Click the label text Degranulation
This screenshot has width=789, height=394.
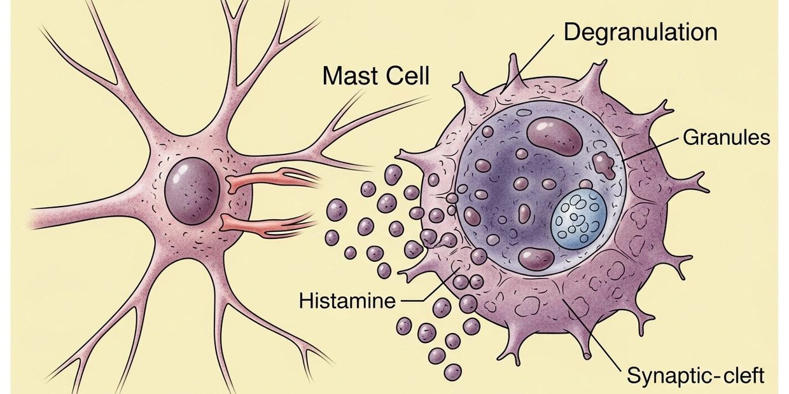(640, 32)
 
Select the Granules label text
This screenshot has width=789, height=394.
(726, 137)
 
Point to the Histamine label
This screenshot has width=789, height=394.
(347, 300)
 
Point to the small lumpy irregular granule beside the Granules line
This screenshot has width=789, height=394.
(603, 164)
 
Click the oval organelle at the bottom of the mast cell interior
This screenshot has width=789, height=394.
(536, 258)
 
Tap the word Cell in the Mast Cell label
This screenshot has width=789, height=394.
(407, 76)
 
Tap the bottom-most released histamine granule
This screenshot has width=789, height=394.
(452, 372)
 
